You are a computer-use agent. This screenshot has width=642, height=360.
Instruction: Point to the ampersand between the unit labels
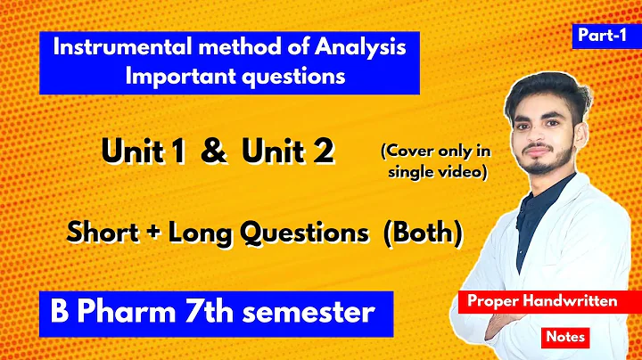pos(213,151)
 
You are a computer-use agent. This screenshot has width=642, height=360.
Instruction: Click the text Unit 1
pos(145,151)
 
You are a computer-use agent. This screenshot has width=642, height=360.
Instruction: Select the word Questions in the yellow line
pos(311,233)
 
